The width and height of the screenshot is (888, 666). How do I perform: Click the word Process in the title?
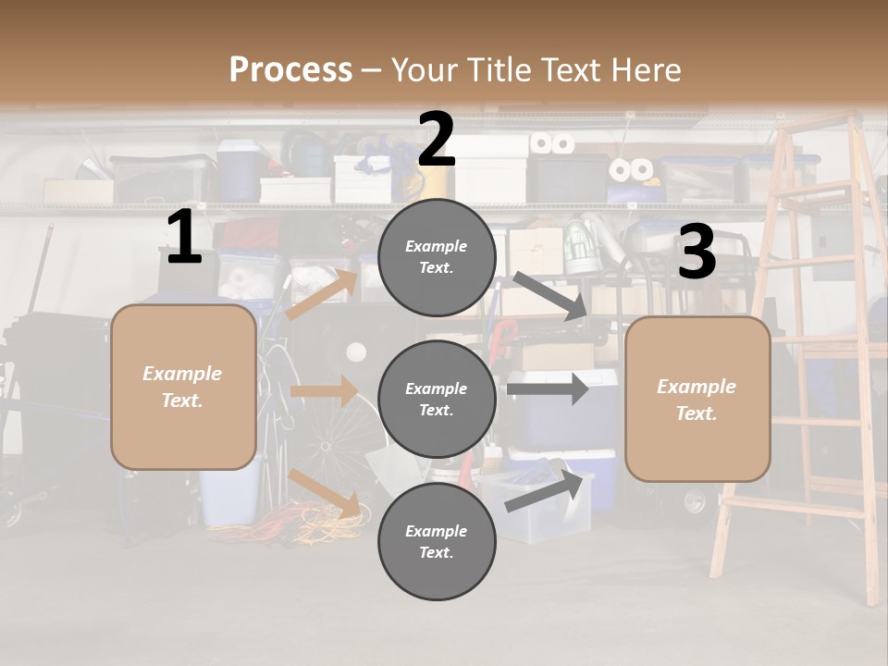(290, 69)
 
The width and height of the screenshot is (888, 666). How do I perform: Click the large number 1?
(184, 238)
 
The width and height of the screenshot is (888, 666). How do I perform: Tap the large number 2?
(436, 140)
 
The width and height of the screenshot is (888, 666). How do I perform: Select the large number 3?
(697, 252)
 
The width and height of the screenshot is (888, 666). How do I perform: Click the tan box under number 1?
(183, 387)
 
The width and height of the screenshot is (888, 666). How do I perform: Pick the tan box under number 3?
(697, 399)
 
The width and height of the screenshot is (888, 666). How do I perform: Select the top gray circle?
(437, 257)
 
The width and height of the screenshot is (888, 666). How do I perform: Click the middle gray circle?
(437, 399)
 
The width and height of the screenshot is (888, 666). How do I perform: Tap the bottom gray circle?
(437, 541)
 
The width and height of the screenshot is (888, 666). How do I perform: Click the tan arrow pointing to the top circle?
(323, 294)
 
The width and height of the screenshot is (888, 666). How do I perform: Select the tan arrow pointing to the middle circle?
(324, 391)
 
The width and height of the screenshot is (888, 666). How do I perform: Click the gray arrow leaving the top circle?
(549, 296)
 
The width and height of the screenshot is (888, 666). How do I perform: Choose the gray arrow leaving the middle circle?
(547, 388)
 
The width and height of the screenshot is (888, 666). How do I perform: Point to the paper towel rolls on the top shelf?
(551, 143)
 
